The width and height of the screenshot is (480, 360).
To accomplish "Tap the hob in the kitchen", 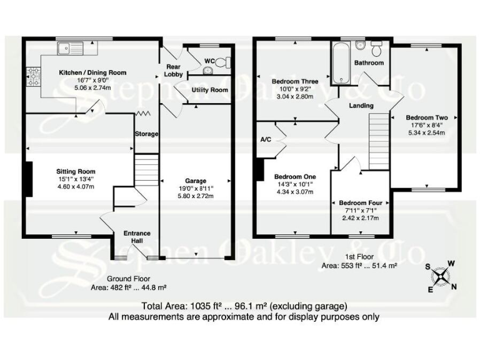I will point(32,77).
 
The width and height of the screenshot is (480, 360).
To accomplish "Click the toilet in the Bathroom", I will point(376,48).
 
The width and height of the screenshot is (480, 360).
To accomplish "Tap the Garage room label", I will point(196,181).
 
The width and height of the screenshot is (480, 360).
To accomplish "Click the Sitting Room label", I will point(76,171).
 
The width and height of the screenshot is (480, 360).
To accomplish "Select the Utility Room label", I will point(209,90).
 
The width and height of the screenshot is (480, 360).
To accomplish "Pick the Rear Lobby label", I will point(174,70).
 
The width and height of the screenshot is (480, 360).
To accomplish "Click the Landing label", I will point(361,106).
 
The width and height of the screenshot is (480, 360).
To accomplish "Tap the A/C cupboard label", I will point(264,139).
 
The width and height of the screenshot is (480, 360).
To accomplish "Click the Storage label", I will point(146,134).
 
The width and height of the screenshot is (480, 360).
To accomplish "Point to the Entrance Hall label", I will point(136,237).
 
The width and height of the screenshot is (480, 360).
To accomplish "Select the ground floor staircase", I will point(146,171).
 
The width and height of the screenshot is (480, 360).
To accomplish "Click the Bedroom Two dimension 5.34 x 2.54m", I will point(427,132).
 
